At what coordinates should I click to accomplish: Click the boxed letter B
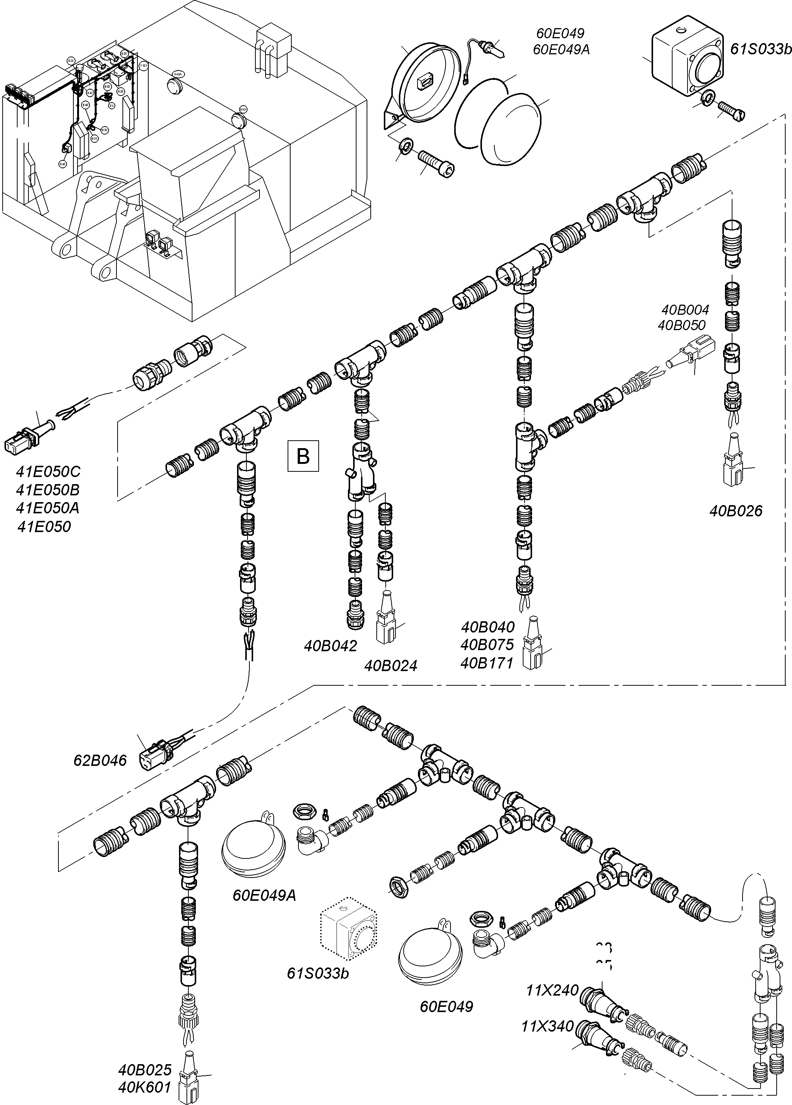303,456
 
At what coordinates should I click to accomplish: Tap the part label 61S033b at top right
761,49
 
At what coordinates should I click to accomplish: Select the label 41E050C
48,472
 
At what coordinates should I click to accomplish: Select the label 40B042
331,646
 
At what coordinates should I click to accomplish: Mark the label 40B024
391,665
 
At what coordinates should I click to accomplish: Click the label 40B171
487,663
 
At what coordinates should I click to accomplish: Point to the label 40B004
685,310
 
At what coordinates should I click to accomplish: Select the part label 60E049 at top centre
560,33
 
